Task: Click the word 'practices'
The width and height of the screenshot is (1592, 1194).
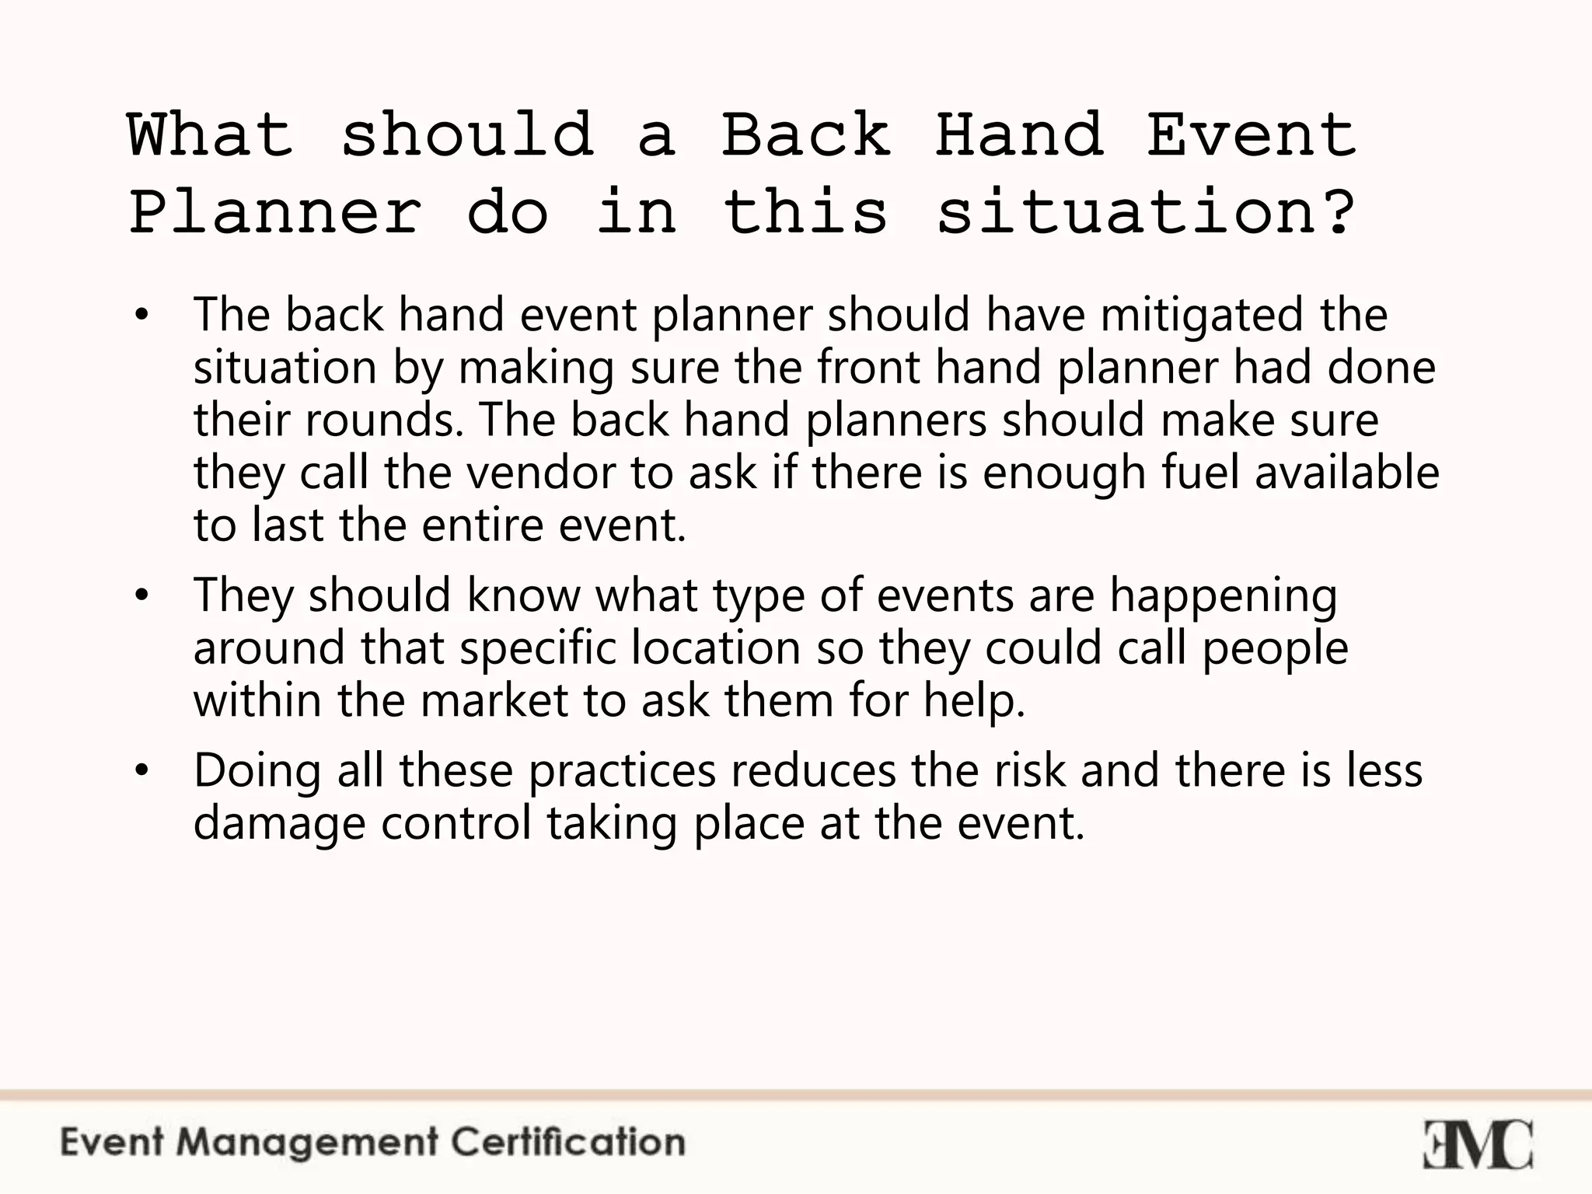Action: pos(622,771)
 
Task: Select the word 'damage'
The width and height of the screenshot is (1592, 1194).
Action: pos(279,824)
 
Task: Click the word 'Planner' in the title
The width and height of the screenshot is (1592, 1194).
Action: pos(275,212)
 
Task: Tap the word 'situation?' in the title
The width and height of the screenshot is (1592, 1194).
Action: pos(1146,212)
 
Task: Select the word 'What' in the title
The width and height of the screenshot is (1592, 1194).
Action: pos(211,134)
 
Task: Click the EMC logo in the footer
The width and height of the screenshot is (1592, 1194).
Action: pos(1477,1143)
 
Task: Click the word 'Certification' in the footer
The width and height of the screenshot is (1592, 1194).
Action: pos(568,1143)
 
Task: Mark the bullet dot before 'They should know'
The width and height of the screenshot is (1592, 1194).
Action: pos(140,596)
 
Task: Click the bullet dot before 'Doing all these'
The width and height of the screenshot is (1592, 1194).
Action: pos(140,771)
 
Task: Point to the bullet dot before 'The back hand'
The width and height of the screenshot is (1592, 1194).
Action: pos(140,316)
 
